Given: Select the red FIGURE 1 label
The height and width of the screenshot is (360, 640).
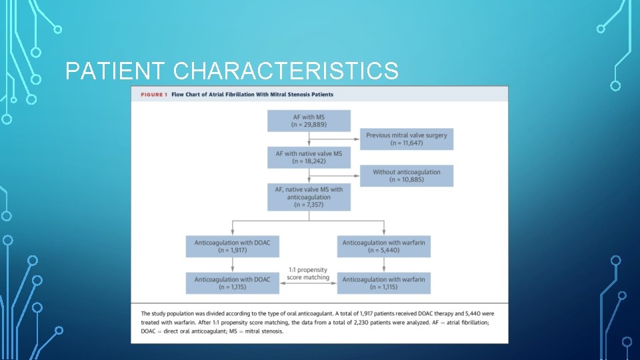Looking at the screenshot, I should point(153,95).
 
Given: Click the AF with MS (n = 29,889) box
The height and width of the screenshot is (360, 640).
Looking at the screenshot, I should point(309,121).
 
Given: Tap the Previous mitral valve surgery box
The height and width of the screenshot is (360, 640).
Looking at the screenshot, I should point(406,139).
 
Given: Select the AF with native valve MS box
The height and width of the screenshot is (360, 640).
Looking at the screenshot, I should point(309,157).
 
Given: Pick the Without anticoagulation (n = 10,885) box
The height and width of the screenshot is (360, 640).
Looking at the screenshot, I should point(406,176).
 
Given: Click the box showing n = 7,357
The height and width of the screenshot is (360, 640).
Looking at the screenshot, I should point(309,197).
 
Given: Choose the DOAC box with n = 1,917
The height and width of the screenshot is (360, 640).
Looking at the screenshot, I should point(233,247).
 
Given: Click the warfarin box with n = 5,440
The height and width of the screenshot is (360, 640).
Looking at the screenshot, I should point(383,247).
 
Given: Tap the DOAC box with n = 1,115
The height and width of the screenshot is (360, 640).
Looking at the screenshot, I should point(233,283).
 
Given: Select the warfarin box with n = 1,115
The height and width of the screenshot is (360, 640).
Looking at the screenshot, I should point(383,283).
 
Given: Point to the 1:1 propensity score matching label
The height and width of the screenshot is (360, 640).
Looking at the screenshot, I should point(308,273).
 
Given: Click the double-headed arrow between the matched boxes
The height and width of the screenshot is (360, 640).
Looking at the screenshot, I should point(308,283).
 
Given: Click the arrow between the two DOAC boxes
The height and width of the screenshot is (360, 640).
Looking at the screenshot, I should point(233,265).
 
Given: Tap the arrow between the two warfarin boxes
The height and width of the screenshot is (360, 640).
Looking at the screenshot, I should point(383,265).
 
